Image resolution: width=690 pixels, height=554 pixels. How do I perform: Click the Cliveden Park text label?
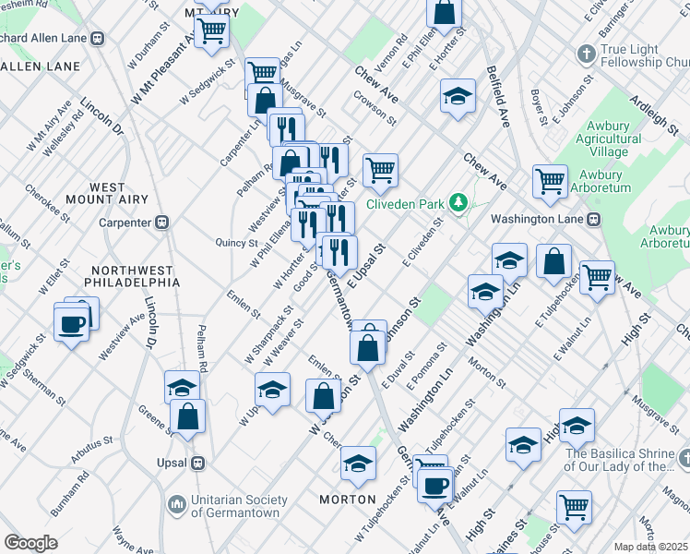405,204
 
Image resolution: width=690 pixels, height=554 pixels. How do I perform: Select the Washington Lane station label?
539,220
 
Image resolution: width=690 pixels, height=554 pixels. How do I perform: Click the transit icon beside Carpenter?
162,223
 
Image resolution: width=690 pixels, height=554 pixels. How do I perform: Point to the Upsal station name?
172,462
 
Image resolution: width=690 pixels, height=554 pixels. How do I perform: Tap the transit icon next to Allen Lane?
97,38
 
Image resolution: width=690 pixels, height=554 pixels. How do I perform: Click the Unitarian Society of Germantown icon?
175,504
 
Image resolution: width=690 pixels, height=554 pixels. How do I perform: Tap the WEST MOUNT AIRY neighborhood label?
108,194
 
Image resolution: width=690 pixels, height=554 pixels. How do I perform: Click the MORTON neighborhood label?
348,500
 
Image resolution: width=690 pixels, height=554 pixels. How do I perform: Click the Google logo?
30,543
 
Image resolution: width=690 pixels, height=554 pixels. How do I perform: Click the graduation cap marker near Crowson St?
458,96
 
